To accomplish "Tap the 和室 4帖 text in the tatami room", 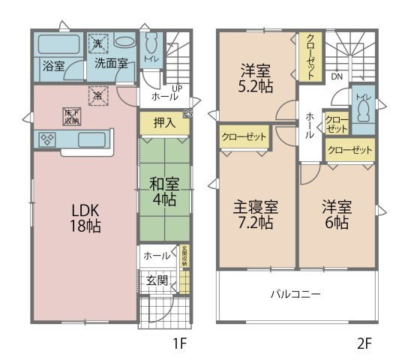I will pos(163,190).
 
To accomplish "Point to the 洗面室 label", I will pos(109,64).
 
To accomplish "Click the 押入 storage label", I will pos(163,123).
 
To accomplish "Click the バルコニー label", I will pos(295,294).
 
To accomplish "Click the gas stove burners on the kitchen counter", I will pos(46,139).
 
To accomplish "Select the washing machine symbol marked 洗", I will pos(97,43).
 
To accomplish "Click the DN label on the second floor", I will pos(337,76).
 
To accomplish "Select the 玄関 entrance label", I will pos(156,281).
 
